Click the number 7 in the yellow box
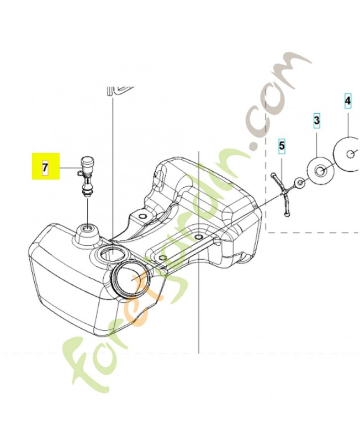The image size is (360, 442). (x=45, y=167)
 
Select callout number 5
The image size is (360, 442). (x=282, y=146)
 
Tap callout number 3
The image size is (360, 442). (x=317, y=120)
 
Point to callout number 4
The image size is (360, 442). (x=348, y=101)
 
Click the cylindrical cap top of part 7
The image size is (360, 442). (x=87, y=162)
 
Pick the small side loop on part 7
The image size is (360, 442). (x=80, y=172)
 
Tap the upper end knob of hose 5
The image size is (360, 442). (x=273, y=175)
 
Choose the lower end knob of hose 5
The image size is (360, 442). (x=287, y=215)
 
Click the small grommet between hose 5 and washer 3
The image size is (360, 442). (x=299, y=183)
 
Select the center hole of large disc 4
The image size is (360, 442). (x=351, y=154)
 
